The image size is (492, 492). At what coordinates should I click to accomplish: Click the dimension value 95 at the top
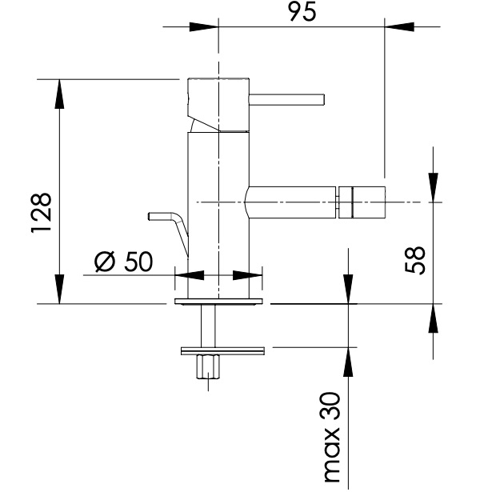point(302,13)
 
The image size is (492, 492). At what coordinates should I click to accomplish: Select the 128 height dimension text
point(42,213)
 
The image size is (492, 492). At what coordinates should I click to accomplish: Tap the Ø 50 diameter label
point(124,262)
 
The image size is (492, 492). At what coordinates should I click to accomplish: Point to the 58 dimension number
point(415,260)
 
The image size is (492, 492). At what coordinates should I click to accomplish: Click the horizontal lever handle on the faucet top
point(286,99)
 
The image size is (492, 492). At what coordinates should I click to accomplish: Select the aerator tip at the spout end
point(362,202)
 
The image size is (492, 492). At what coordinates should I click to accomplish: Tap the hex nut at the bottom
point(208,366)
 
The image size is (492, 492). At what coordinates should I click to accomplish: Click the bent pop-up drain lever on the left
point(170,229)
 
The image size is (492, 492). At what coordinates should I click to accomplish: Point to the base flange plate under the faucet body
point(218,302)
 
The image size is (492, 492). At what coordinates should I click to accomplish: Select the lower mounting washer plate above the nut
point(222,351)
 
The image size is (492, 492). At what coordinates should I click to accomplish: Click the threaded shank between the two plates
point(208,326)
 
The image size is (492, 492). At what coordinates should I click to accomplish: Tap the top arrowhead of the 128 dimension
point(59,94)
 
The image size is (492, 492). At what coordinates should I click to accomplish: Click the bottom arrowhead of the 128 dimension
point(59,290)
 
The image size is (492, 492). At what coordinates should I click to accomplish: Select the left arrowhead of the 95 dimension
point(204,26)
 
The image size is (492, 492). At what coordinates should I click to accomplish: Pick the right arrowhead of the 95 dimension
point(399,26)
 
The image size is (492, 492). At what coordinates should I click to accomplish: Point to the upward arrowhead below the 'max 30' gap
point(348,362)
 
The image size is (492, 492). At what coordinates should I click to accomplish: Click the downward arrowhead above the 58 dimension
point(434,188)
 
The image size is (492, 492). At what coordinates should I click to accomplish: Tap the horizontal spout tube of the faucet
point(290,202)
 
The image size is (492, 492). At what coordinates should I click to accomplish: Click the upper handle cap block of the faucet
point(218,105)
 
